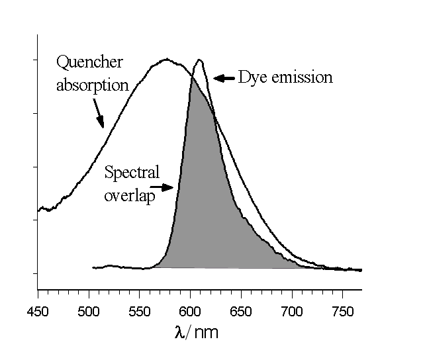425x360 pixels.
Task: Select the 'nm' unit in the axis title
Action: pos(205,333)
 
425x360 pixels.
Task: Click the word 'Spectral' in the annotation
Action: pos(132,173)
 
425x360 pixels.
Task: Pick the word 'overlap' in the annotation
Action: pos(130,197)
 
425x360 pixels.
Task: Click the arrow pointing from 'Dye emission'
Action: pos(224,78)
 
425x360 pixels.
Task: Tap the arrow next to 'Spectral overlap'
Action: pos(165,187)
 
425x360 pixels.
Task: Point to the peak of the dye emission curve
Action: pos(199,60)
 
